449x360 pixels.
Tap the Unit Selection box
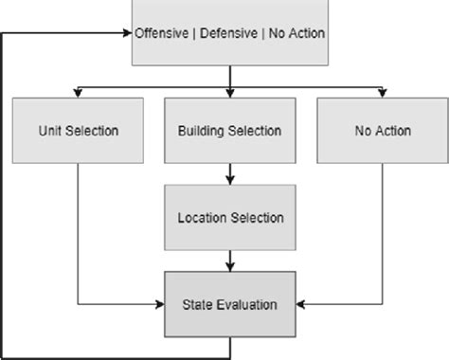[x=77, y=131]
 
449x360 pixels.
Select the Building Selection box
[x=230, y=131]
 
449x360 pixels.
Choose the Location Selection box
[x=230, y=217]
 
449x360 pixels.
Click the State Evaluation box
[x=230, y=304]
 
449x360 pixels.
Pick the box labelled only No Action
[x=383, y=131]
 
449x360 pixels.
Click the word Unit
[x=50, y=131]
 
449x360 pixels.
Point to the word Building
[x=203, y=131]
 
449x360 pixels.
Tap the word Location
[x=202, y=217]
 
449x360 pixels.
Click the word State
[x=196, y=304]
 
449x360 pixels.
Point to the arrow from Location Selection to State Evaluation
[x=230, y=260]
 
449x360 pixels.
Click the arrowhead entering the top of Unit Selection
[x=77, y=92]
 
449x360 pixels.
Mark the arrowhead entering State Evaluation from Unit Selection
[x=161, y=304]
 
